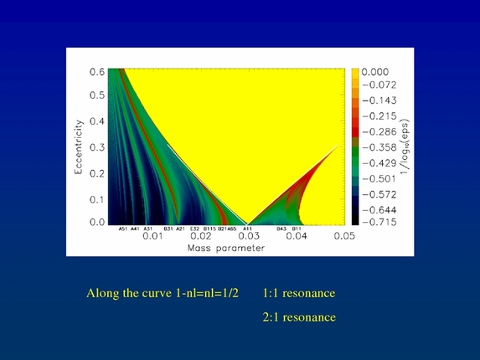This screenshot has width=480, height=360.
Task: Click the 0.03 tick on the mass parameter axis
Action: coord(247,237)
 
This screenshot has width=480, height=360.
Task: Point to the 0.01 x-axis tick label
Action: coord(152,237)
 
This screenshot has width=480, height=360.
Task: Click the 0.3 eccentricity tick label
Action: coord(97,147)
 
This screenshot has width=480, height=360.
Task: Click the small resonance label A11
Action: coord(248,228)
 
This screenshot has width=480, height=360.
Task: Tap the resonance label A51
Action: coord(122,228)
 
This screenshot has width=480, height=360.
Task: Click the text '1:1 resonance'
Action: coord(298,294)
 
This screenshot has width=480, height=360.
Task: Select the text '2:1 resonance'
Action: coord(298,317)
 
